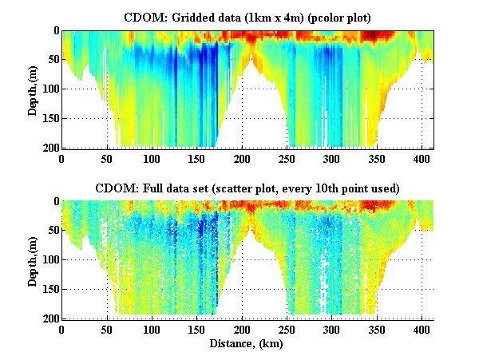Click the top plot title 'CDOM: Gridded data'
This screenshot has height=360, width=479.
tap(184, 17)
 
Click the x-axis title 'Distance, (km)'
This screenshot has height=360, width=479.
tap(247, 344)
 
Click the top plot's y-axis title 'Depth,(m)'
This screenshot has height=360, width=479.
tap(33, 89)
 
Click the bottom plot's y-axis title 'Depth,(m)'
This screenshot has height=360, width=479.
tap(33, 260)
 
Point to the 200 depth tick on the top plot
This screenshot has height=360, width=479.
tap(51, 148)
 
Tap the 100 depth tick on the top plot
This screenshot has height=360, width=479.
tap(51, 89)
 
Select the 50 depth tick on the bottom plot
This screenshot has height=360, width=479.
tap(53, 230)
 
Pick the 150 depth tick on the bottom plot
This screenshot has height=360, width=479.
tap(51, 289)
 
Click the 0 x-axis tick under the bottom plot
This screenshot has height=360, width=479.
tap(62, 329)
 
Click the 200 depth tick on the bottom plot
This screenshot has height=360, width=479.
tap(51, 318)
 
